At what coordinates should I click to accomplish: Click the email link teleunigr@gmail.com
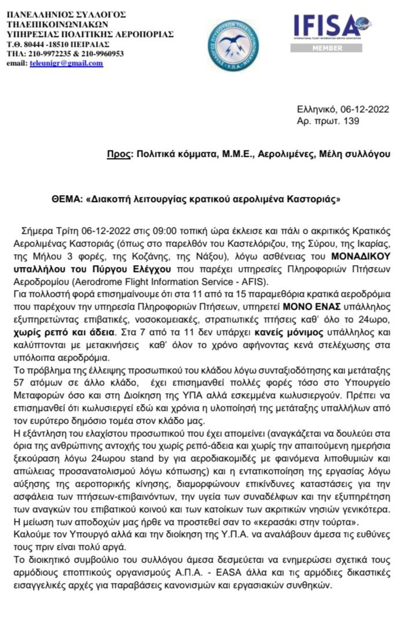(x=67, y=63)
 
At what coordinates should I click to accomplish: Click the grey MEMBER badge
(x=328, y=48)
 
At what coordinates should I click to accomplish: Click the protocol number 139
(x=352, y=121)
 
